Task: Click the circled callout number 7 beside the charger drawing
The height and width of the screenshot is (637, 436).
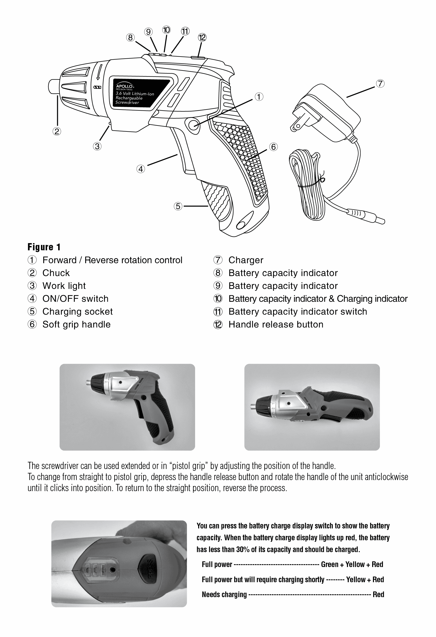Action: pos(380,84)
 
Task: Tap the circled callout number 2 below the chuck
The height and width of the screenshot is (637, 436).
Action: pos(57,131)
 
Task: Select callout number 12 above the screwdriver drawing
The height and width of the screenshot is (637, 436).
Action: pos(202,38)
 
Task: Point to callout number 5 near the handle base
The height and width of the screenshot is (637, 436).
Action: pos(178,206)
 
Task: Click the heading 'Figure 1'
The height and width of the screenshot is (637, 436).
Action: pos(44,247)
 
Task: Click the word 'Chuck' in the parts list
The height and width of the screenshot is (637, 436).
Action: pos(56,273)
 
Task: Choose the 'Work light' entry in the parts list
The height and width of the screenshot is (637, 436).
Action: pos(64,286)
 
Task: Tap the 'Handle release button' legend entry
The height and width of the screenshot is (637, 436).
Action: pos(276,324)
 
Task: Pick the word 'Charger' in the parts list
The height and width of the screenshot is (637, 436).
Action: pos(246,260)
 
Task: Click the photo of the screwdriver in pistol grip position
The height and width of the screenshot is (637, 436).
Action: pos(127,407)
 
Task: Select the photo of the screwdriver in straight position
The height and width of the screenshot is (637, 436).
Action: pos(312,407)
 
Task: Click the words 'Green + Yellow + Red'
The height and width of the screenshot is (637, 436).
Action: pos(352,564)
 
